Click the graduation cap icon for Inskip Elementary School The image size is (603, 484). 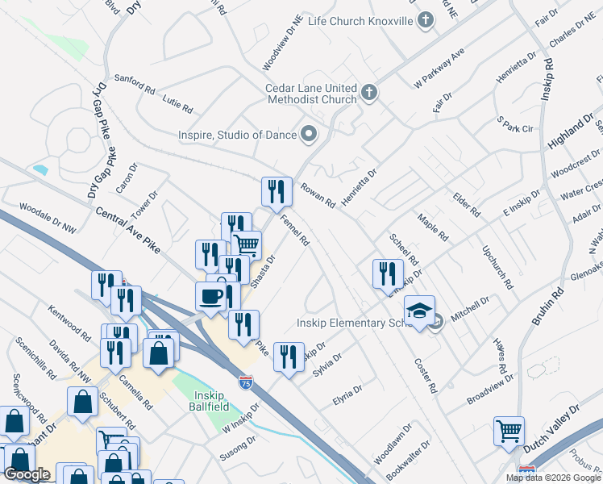coord(419,311)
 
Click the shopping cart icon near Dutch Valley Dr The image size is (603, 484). coord(509,431)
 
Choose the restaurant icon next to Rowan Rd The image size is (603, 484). coord(277,191)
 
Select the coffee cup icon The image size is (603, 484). coord(210,296)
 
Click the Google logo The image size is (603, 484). coord(27,474)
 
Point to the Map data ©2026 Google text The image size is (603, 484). coord(553,478)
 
